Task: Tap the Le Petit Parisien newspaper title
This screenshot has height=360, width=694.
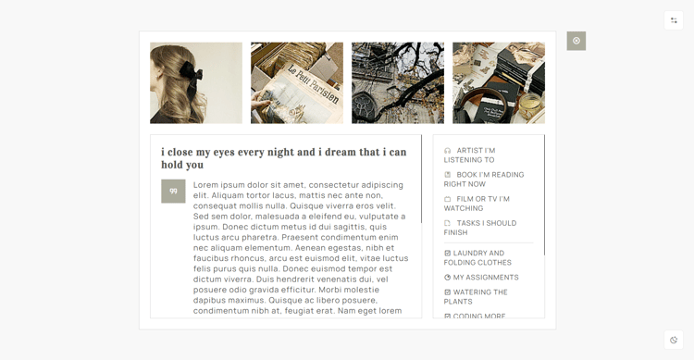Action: click(x=314, y=84)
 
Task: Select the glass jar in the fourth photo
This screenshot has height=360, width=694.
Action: click(x=530, y=106)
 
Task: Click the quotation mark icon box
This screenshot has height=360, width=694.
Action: click(x=173, y=191)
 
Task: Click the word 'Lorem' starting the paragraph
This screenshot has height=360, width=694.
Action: click(x=205, y=185)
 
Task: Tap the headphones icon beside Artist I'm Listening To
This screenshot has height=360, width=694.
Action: click(x=448, y=151)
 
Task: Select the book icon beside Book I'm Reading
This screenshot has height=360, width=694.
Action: click(x=448, y=175)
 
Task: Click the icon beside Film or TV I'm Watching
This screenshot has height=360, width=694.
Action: click(x=448, y=199)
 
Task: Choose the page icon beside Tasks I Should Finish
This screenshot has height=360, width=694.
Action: click(x=448, y=223)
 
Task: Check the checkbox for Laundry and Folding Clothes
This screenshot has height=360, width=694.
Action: click(x=447, y=253)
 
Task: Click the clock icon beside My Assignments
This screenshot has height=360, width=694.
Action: click(x=447, y=278)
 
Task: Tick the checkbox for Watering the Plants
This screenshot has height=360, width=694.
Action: click(x=447, y=292)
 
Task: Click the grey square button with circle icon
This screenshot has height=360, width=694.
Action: click(x=576, y=41)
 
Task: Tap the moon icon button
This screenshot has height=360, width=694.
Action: click(x=674, y=340)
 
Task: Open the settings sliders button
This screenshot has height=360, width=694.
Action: click(x=674, y=20)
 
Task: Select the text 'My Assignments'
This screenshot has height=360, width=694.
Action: click(x=486, y=278)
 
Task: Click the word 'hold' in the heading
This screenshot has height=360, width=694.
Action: click(x=170, y=165)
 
